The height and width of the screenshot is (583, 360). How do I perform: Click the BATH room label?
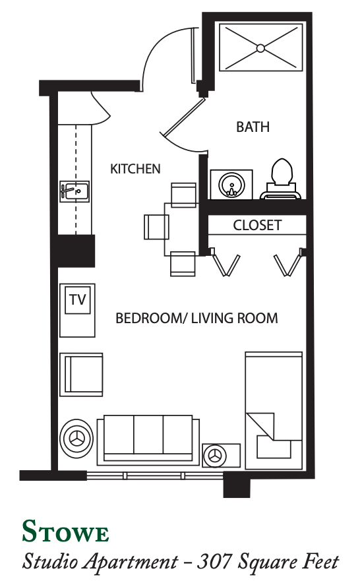[x=253, y=127]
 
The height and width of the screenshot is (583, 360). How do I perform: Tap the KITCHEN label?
[x=135, y=169]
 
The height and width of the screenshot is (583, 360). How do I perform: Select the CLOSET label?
[x=257, y=226]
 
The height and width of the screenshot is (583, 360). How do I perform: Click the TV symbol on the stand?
[x=78, y=299]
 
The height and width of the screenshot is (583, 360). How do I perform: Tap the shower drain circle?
[x=260, y=48]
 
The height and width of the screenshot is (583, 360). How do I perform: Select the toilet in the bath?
[x=281, y=177]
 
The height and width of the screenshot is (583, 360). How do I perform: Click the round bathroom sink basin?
[x=231, y=185]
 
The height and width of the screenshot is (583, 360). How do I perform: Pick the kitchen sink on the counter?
[x=75, y=192]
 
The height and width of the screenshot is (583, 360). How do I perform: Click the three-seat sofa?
[x=148, y=440]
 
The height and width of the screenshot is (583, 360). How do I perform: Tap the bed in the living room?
[x=274, y=410]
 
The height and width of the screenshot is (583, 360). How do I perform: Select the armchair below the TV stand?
[x=81, y=375]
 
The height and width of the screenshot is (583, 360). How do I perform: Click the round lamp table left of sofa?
[x=76, y=439]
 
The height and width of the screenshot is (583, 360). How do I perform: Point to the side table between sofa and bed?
[x=222, y=456]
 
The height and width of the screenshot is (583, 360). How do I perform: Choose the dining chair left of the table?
[x=156, y=227]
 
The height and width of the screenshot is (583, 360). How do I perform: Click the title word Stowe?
[x=65, y=532]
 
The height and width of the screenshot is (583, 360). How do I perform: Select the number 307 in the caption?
[x=214, y=561]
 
